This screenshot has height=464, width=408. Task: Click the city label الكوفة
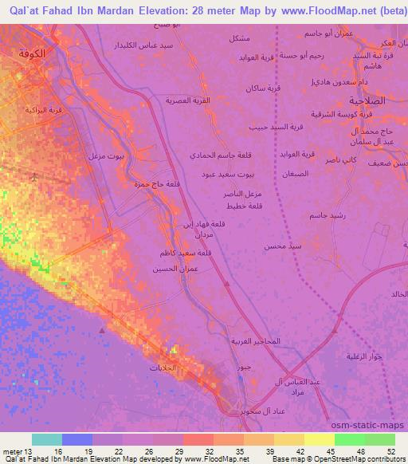click(39, 53)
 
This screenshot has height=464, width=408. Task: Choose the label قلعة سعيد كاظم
click(187, 254)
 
